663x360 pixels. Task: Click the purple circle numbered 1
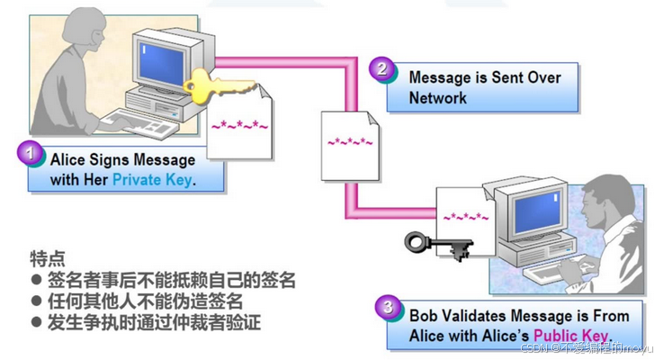pos(31,156)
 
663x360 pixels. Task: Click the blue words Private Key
pos(153,179)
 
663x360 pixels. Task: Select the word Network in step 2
pos(438,97)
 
